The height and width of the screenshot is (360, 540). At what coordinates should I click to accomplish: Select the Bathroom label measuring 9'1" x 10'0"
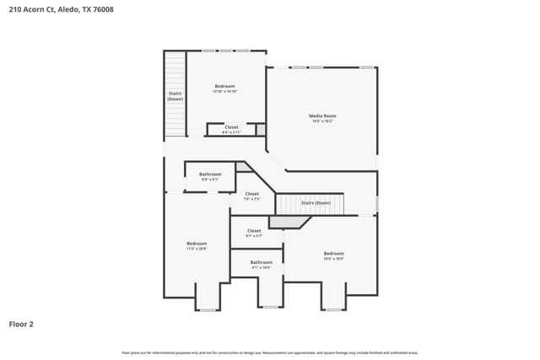coord(261,264)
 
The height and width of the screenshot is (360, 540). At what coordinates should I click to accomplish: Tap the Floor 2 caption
coord(21,323)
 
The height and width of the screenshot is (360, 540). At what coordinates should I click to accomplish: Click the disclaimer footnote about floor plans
coord(269,352)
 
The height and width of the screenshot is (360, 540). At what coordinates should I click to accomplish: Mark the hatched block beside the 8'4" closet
coord(261,129)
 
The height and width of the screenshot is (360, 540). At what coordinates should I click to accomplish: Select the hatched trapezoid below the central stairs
coord(289,222)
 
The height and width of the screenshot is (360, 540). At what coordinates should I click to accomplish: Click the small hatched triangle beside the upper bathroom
coord(243,168)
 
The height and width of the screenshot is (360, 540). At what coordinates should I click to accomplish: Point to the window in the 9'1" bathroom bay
coord(270,307)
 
